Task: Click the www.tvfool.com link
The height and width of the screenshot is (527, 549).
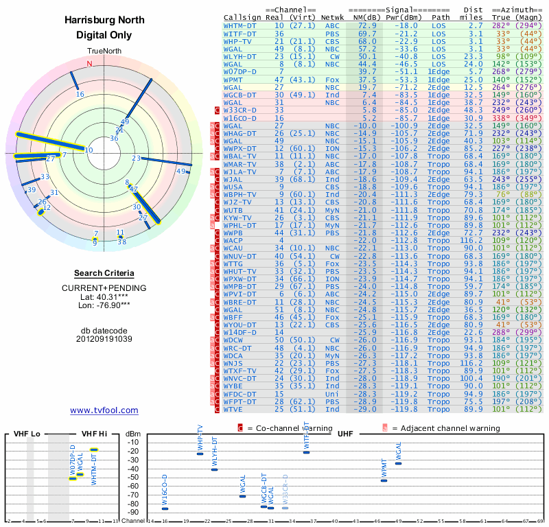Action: click(104, 410)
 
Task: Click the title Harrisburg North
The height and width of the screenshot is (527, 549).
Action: click(104, 20)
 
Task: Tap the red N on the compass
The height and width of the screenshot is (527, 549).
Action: click(89, 64)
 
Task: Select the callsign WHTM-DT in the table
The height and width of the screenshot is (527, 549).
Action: click(240, 25)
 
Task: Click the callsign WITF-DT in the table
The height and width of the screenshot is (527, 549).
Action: click(240, 33)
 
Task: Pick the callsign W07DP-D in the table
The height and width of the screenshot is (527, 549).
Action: click(240, 71)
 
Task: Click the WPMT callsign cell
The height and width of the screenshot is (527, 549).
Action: click(234, 80)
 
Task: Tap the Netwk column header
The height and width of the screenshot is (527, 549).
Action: click(332, 16)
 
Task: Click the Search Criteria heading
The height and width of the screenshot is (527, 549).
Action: click(104, 273)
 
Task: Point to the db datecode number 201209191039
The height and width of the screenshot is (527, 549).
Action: click(104, 338)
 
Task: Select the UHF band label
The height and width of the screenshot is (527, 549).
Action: click(342, 434)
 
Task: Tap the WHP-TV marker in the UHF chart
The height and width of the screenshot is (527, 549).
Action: click(200, 454)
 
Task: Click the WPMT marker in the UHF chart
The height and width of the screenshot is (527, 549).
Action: click(384, 480)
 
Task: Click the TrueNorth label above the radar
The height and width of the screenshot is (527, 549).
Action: click(104, 52)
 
